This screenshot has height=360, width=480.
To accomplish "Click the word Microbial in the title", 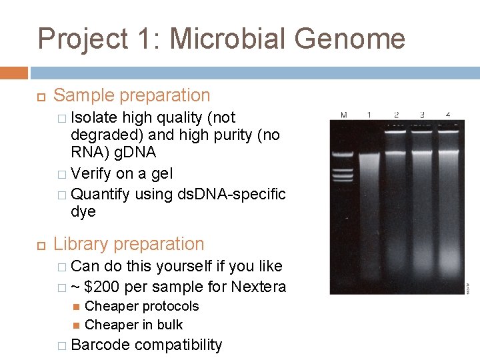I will pos(228,39).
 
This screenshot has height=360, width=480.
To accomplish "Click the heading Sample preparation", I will pos(131,96).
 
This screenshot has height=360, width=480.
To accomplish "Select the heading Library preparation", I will pos(129,244).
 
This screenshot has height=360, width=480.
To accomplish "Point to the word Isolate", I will pos(94,118).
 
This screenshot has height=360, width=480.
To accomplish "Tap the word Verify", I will pos(91,174).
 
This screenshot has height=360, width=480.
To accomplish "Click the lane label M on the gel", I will pos(344,115).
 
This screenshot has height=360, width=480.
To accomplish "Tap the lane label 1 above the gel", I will pos(369,115).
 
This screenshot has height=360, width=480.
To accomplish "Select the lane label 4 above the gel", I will pos(447,115).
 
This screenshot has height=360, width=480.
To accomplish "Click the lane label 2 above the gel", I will pos(396,115).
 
